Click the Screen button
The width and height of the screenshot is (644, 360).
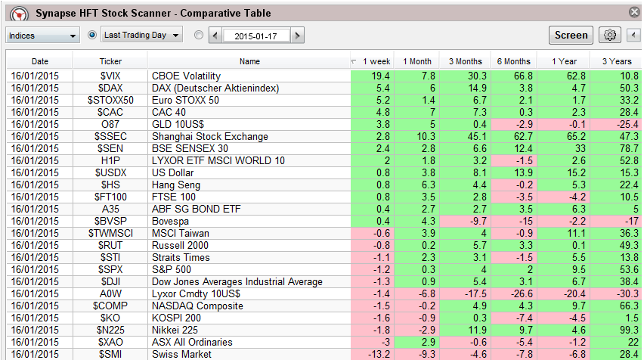571,35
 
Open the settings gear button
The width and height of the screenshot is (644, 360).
609,35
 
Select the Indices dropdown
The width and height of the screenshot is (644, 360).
43,36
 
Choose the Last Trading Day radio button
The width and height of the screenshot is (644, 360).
93,35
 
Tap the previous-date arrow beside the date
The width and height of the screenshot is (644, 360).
215,36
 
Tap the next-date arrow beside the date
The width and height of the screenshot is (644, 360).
298,36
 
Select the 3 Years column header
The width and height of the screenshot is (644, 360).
617,61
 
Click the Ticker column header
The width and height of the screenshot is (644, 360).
110,61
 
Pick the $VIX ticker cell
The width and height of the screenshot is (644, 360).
110,76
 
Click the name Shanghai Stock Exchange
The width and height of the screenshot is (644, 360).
209,136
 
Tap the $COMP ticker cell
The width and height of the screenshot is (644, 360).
110,306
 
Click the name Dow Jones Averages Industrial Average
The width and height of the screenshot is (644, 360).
237,281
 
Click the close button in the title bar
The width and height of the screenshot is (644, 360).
634,12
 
